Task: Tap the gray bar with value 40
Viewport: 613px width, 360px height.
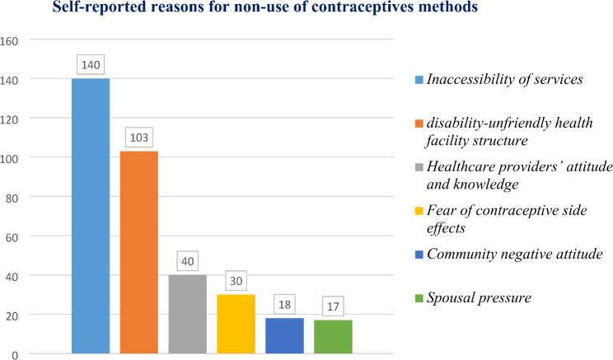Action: click(187, 314)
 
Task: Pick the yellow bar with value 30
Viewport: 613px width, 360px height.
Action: click(236, 324)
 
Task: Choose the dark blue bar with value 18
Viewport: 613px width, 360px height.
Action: click(284, 335)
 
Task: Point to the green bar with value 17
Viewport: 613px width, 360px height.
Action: click(333, 336)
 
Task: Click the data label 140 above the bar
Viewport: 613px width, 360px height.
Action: click(91, 63)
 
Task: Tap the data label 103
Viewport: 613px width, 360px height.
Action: click(139, 136)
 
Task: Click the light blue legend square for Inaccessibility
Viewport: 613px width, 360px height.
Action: click(419, 81)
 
